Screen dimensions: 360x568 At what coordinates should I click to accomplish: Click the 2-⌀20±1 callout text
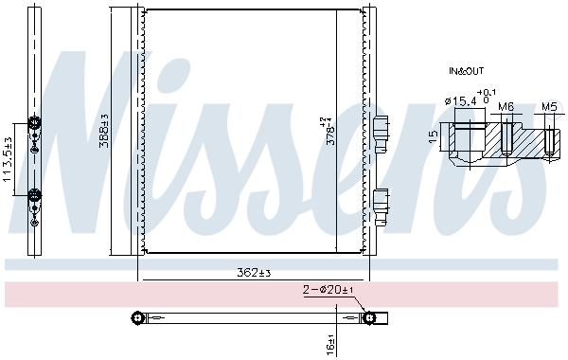click(x=328, y=291)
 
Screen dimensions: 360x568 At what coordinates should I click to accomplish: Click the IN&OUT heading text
click(x=465, y=71)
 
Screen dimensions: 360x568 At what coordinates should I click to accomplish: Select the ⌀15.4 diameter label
click(x=462, y=100)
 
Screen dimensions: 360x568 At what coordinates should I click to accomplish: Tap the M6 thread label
click(x=506, y=107)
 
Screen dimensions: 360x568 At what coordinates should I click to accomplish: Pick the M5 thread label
click(x=549, y=107)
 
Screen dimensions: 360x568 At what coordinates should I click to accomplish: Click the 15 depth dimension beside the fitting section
click(x=433, y=137)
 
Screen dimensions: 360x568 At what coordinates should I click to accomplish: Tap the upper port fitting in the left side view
click(x=34, y=123)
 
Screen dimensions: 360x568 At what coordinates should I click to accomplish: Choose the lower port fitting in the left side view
click(x=34, y=195)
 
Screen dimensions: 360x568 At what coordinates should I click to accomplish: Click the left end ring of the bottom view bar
click(x=136, y=316)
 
